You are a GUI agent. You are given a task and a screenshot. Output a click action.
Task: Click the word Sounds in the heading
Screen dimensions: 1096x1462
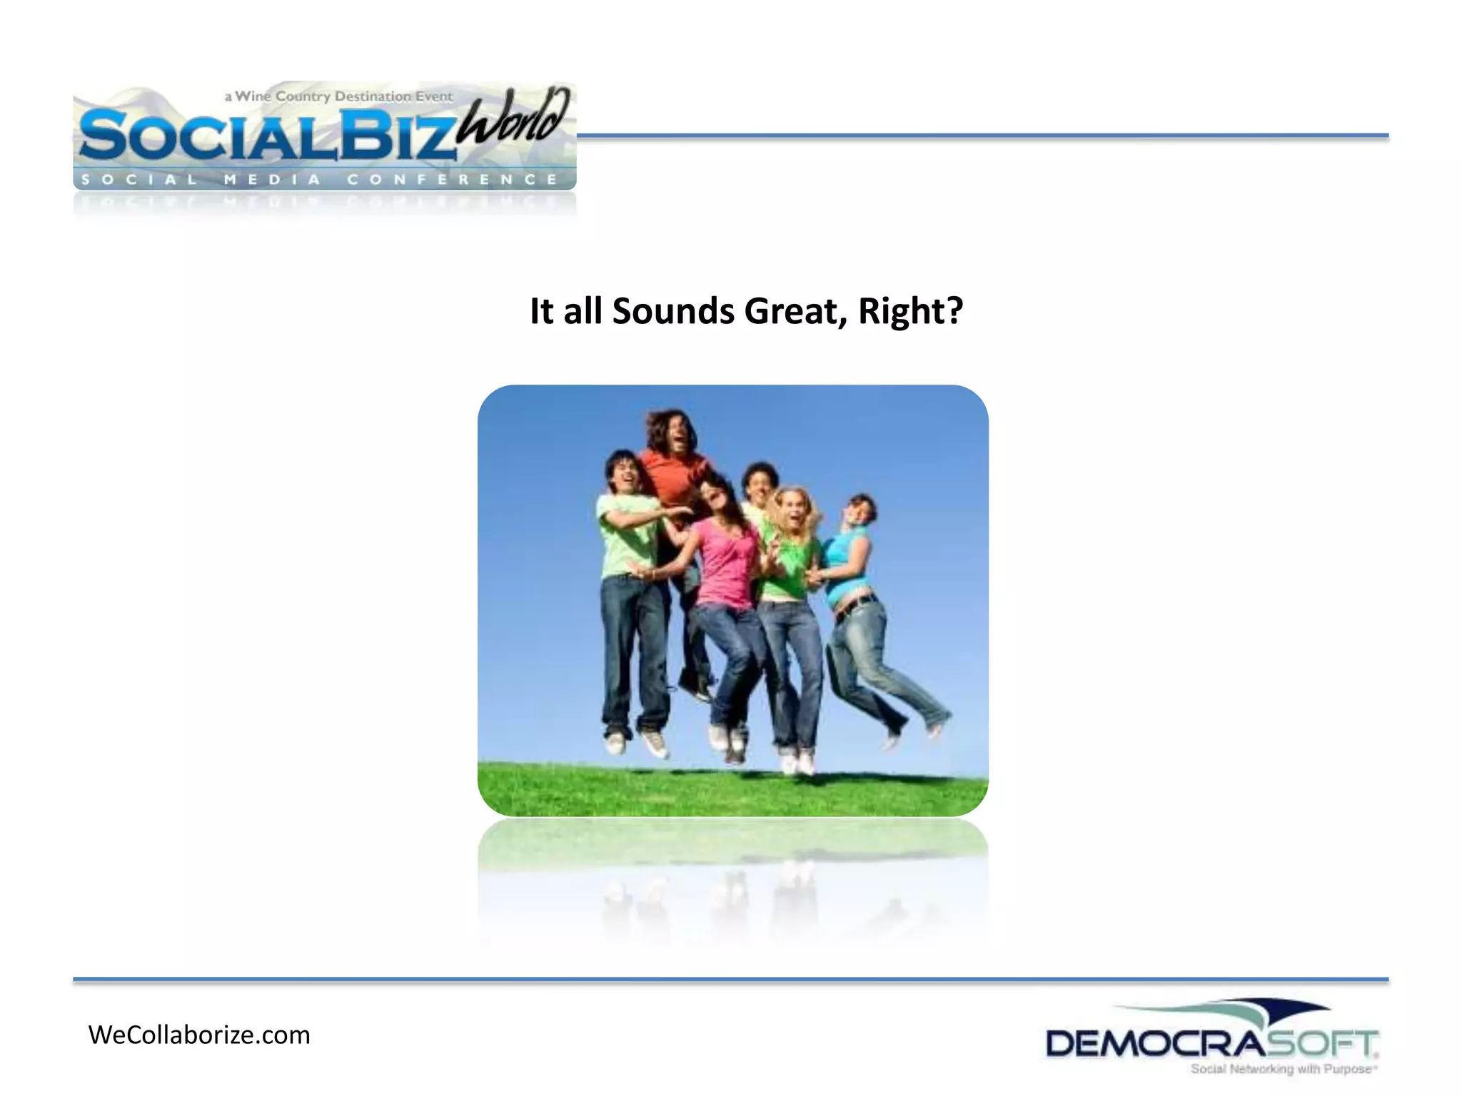(673, 311)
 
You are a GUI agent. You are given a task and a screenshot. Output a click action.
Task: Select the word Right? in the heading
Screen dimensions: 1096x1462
(910, 311)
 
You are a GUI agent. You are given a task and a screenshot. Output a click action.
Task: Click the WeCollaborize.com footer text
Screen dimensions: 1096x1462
(199, 1035)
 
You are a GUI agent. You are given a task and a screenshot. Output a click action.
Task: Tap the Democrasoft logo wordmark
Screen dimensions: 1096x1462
(1211, 1045)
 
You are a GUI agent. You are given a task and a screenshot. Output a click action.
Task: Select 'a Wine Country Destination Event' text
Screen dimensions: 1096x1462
(338, 96)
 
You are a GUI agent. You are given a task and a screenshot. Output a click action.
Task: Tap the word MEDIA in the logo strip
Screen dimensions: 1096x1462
(272, 179)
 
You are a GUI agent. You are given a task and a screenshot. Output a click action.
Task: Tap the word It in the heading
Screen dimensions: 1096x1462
(541, 311)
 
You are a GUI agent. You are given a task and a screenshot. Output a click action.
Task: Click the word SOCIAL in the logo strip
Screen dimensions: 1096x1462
(139, 179)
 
